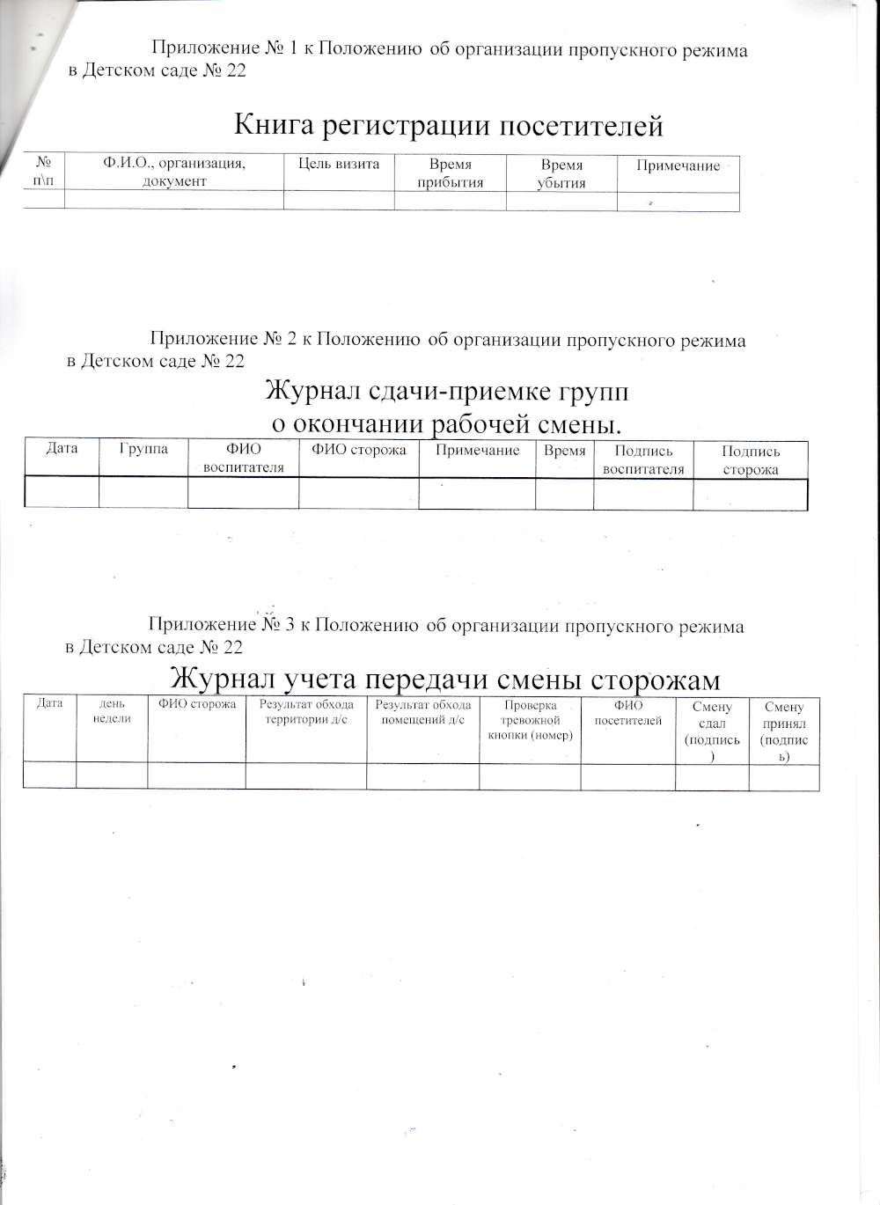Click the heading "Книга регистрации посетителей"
pos(448,126)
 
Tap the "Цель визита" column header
pos(339,164)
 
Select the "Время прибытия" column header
pos(451,173)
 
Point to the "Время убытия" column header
pos(561,173)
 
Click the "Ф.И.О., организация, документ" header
pos(174,173)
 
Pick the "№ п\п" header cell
pos(44,173)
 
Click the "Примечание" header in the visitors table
pos(678,165)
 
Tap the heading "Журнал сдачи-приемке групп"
pos(447,390)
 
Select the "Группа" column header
pos(143,449)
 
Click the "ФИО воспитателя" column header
pos(244,459)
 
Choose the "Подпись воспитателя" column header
pos(643,459)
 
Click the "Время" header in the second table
pos(565,451)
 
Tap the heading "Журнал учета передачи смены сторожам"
pos(444,680)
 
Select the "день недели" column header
pos(112,711)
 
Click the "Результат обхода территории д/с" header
pos(306,711)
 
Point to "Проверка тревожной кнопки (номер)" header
pos(530,720)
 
